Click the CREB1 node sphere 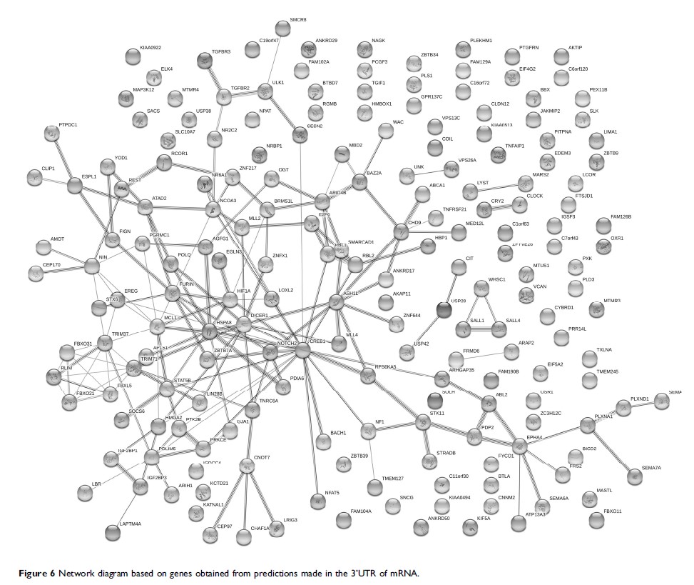[x=302, y=350]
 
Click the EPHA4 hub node [x=519, y=446]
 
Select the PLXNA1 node [x=588, y=426]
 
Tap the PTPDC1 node [x=51, y=134]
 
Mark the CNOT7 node [x=248, y=466]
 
